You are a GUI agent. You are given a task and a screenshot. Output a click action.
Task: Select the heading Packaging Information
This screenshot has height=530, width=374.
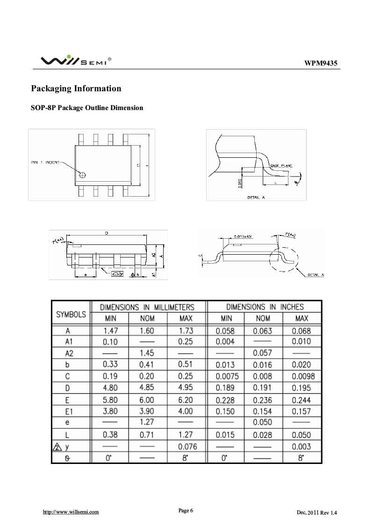coord(76,88)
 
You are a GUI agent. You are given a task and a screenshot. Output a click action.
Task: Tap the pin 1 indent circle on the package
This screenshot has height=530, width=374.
coord(83,175)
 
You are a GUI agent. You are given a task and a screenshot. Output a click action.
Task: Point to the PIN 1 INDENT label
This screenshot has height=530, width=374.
coord(45,162)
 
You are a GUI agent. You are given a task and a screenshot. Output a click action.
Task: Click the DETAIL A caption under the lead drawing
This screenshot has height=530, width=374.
coord(256,198)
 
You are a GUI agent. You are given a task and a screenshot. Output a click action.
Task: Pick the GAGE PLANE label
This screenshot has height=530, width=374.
coord(281,166)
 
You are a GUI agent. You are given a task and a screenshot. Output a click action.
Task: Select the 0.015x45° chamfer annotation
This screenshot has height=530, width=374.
coord(243,237)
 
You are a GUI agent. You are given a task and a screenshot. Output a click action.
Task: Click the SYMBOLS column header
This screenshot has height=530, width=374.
coord(71,315)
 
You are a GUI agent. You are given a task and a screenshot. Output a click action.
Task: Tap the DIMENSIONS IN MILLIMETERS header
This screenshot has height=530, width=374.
coord(147,307)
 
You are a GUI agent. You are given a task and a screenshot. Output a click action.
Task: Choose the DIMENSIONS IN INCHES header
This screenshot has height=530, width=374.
coord(265,307)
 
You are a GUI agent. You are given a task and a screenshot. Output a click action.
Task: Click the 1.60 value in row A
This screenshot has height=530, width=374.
coord(147,331)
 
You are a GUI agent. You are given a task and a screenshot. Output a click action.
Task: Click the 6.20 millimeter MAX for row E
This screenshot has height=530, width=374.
coord(186,400)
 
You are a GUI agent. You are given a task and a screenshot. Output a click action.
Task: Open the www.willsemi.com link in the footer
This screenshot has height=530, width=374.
coord(71,512)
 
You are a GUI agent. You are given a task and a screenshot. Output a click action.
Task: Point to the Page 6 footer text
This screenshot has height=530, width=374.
coord(186,511)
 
